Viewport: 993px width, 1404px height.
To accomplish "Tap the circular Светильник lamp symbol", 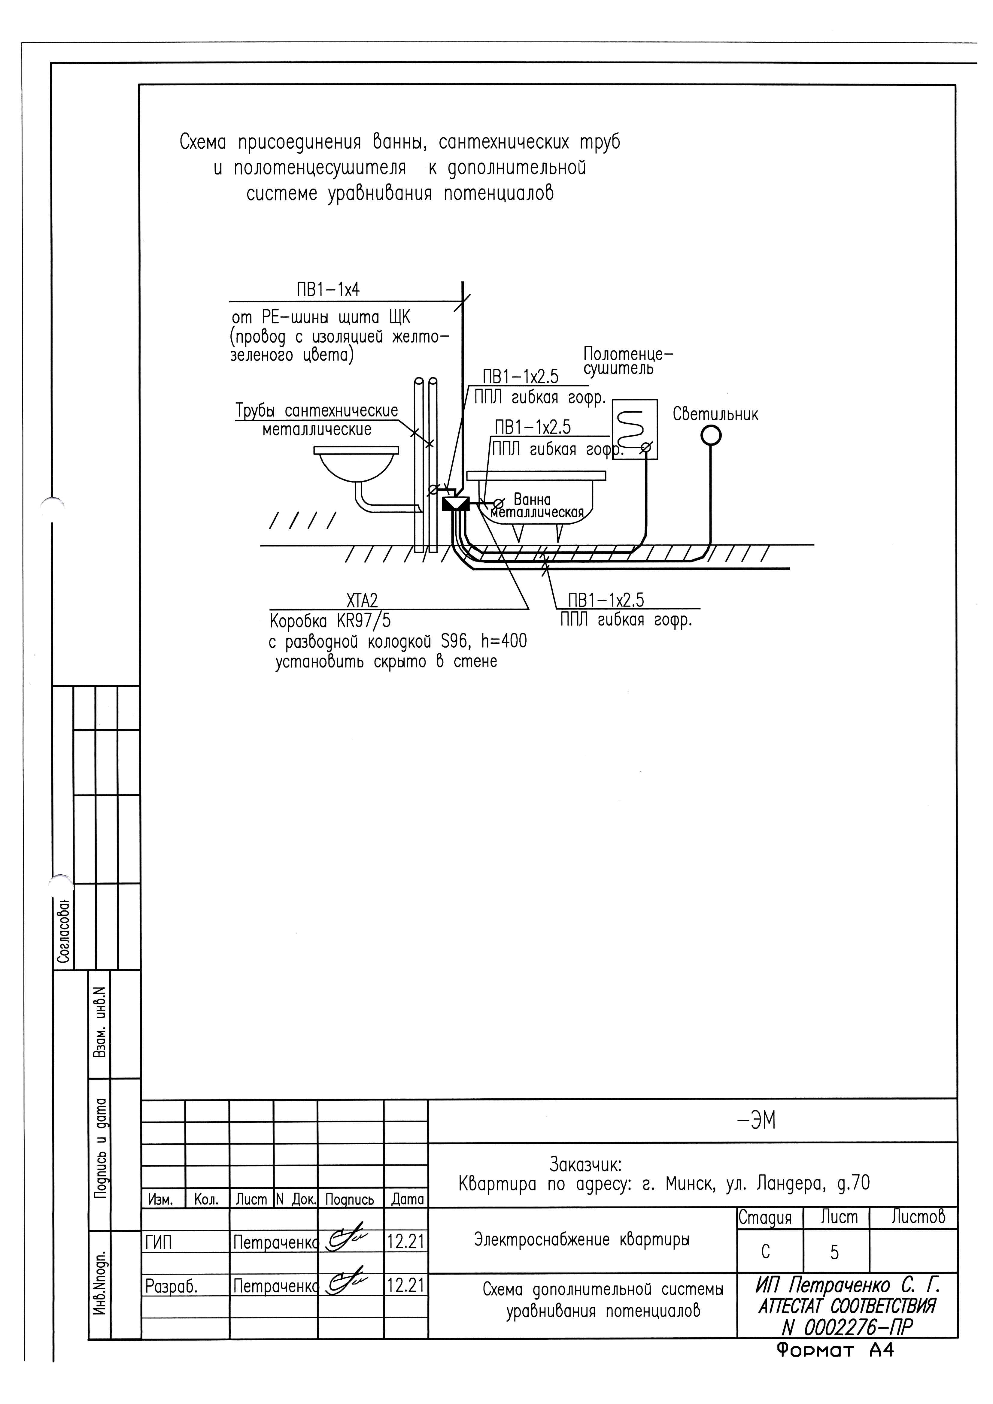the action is click(x=711, y=435).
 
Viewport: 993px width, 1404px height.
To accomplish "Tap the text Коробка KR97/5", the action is click(x=330, y=621).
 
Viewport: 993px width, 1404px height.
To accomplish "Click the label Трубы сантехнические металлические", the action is click(x=317, y=419).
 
